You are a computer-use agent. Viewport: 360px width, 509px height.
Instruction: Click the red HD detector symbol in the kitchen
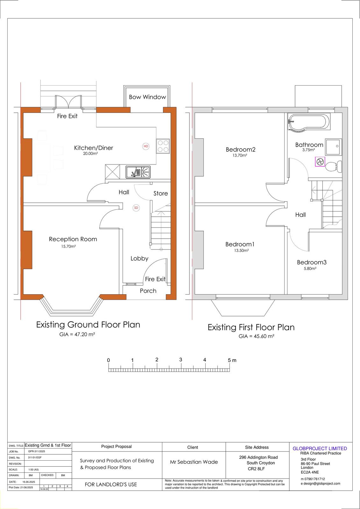pyautogui.click(x=146, y=146)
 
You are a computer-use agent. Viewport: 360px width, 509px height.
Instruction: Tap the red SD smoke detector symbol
pyautogui.click(x=136, y=208)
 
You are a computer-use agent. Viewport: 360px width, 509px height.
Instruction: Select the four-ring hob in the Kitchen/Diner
pyautogui.click(x=163, y=146)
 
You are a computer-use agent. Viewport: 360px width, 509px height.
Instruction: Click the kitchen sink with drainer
pyautogui.click(x=138, y=172)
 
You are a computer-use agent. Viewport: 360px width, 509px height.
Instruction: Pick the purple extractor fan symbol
pyautogui.click(x=320, y=162)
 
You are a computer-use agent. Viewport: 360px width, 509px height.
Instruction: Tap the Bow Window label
pyautogui.click(x=147, y=97)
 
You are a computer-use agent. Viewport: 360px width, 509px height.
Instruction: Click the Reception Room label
pyautogui.click(x=73, y=239)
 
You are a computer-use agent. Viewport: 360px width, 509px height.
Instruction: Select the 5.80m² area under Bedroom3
pyautogui.click(x=310, y=268)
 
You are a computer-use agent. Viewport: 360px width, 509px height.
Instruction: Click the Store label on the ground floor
pyautogui.click(x=160, y=193)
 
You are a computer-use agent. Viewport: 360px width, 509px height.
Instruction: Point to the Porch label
pyautogui.click(x=148, y=291)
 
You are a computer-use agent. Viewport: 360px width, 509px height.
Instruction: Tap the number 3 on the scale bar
pyautogui.click(x=180, y=360)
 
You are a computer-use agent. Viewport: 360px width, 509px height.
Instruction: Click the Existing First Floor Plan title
pyautogui.click(x=251, y=327)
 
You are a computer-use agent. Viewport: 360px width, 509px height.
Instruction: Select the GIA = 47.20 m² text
pyautogui.click(x=77, y=334)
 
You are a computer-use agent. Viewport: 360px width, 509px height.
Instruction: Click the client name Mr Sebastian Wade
pyautogui.click(x=194, y=462)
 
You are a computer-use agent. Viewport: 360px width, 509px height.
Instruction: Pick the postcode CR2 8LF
pyautogui.click(x=256, y=469)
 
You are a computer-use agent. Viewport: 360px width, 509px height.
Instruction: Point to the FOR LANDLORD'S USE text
pyautogui.click(x=111, y=485)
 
